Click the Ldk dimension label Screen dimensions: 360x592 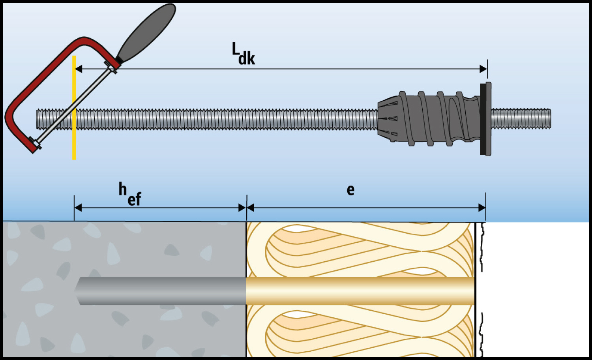[243, 54]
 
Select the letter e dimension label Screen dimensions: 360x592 [350, 190]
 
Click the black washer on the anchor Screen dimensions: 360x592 [483, 119]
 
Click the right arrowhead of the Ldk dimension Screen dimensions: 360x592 [483, 69]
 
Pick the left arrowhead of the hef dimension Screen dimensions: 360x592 [78, 208]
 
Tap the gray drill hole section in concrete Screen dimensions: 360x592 [166, 291]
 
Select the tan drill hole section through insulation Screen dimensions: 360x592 [359, 291]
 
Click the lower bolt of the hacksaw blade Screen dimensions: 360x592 [36, 143]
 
